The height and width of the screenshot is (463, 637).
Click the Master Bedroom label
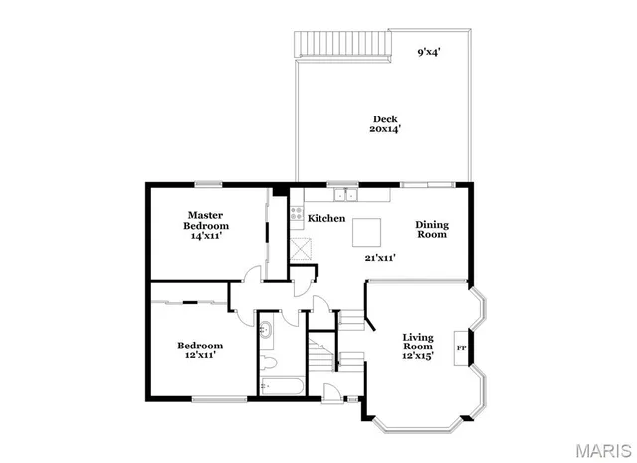[x=206, y=220]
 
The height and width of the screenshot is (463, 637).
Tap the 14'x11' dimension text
[x=206, y=237]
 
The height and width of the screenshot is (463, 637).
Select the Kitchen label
[x=326, y=218]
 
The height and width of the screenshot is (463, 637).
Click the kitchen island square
[x=367, y=231]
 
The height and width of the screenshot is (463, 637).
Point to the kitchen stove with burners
[x=296, y=212]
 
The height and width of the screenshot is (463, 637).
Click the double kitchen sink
[x=345, y=194]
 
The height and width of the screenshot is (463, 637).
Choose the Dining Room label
[x=431, y=230]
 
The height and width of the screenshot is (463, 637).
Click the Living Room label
[x=418, y=343]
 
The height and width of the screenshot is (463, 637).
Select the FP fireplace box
[x=461, y=348]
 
